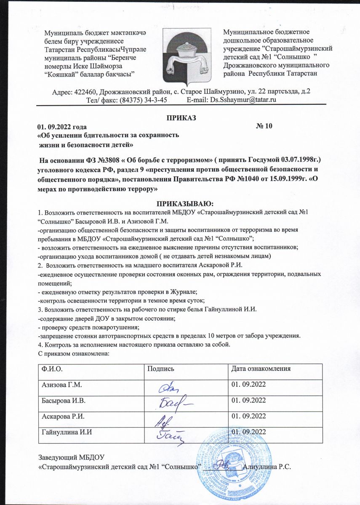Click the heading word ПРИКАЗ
[180, 117]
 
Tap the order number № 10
[264, 126]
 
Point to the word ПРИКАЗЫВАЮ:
[180, 203]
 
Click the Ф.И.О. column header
[51, 369]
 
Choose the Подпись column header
[157, 369]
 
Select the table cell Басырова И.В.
[63, 400]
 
